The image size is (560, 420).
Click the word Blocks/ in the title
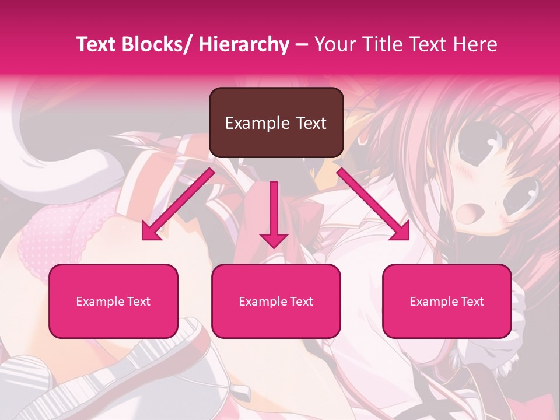click(158, 45)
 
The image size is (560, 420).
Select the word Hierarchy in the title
click(244, 45)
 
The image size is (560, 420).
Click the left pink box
click(113, 301)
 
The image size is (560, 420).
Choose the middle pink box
click(276, 301)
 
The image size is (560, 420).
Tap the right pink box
click(447, 301)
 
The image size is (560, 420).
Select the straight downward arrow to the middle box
click(274, 213)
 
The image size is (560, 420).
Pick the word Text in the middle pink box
click(300, 302)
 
